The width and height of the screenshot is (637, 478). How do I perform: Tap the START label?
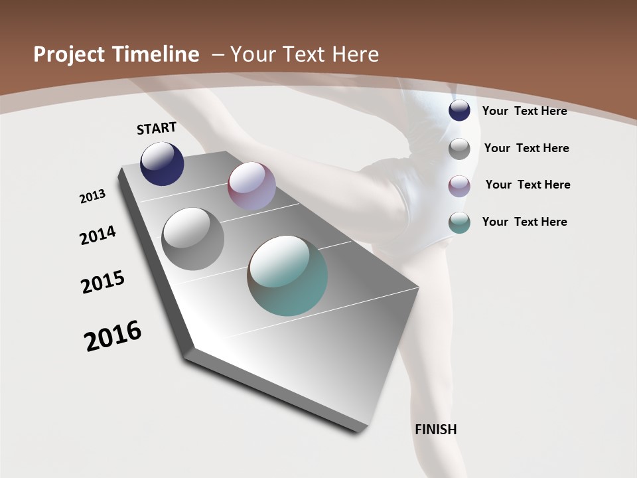pos(157,127)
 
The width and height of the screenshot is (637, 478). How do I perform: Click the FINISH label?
pos(436,430)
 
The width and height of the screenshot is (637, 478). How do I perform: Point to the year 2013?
pos(92,197)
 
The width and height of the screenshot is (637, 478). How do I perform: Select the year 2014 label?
pos(98,235)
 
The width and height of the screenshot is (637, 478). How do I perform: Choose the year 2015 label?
pos(103,282)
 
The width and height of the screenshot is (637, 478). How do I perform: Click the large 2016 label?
pos(113,336)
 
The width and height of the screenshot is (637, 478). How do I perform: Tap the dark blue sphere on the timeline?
pos(162,164)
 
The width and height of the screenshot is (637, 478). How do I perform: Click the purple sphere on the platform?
pos(251,186)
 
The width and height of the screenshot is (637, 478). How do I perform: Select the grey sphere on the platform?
pos(193,239)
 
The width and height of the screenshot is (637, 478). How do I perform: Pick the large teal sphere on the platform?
pos(288,276)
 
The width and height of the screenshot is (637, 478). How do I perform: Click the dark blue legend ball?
pos(459,111)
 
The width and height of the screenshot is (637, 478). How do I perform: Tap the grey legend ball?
pos(459,148)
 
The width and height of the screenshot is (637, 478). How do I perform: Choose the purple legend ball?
pos(459,185)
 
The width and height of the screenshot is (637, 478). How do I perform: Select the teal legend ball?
pos(459,222)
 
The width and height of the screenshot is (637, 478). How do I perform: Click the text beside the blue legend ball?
pos(524,111)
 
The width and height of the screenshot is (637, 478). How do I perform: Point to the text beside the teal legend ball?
pos(524,222)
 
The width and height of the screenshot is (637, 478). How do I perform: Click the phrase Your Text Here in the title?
pos(305,54)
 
